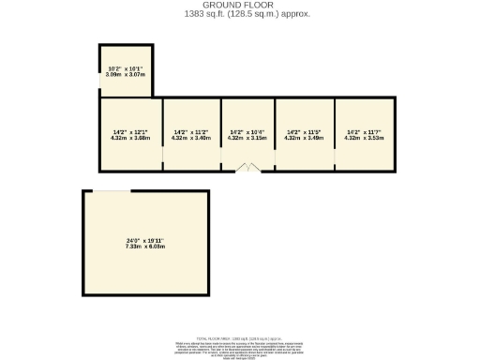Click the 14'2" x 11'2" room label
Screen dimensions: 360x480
coord(190,132)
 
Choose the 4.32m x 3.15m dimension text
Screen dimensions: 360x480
coord(247,138)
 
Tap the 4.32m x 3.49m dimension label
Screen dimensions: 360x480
coord(304,138)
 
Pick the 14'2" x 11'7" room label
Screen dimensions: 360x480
coord(364,132)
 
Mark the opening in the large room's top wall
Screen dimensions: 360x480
coord(110,190)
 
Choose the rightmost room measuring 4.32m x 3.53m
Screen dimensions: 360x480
coord(364,150)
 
